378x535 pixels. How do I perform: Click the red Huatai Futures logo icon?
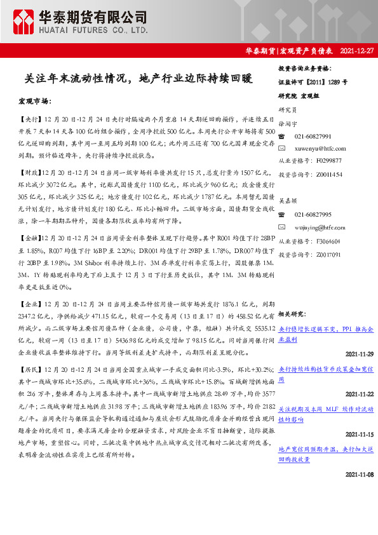23,21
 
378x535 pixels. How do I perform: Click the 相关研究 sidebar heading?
291,314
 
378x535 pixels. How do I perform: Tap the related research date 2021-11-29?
359,353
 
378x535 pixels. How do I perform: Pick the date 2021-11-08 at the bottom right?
359,474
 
